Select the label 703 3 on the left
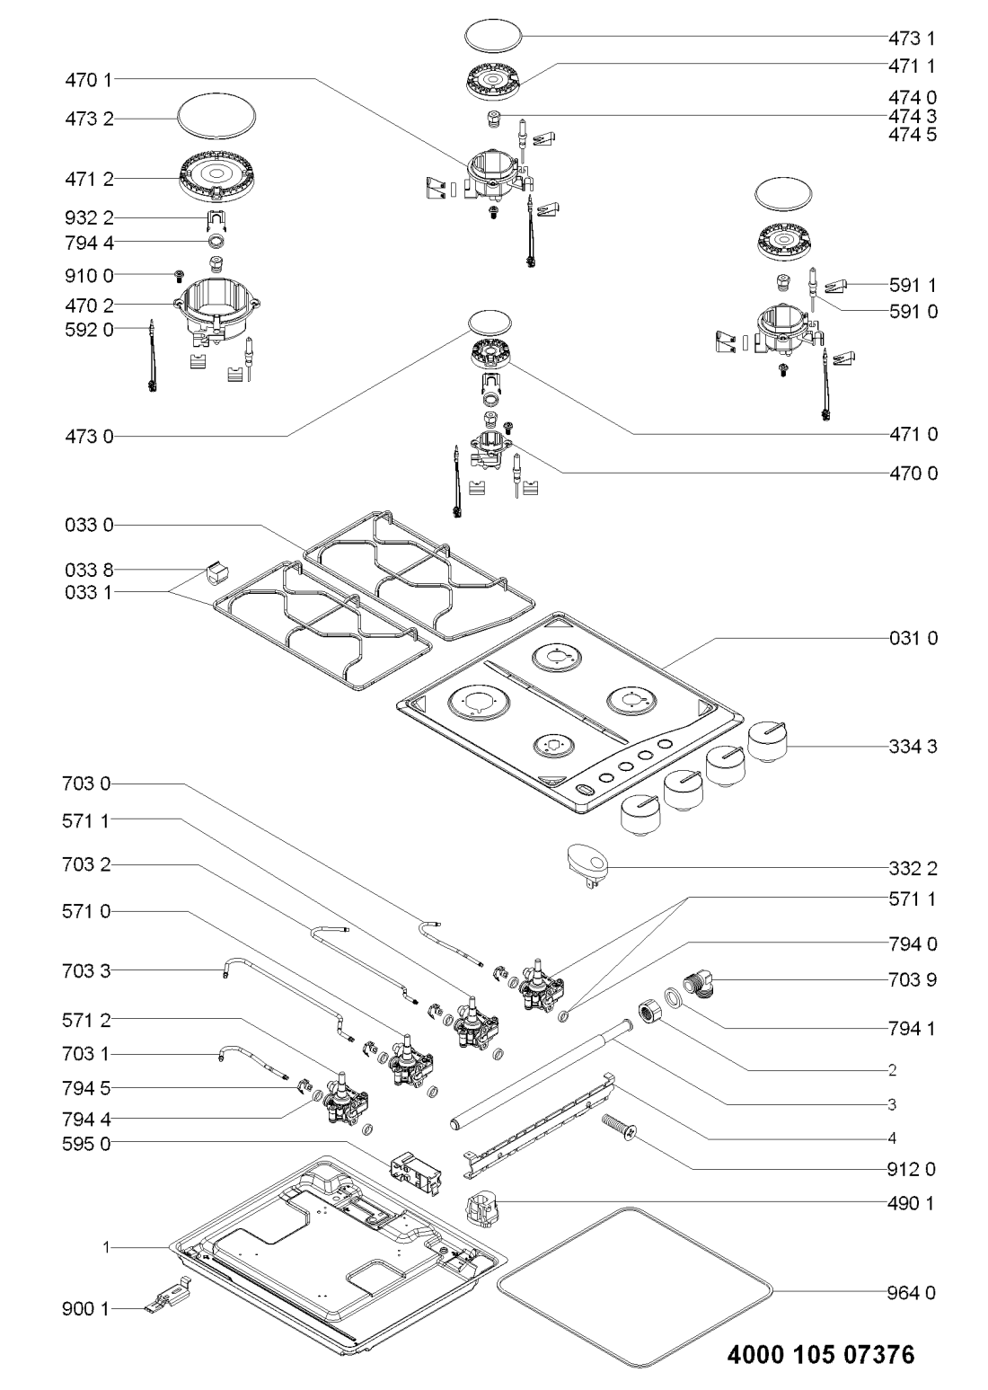point(88,971)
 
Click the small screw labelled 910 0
point(179,274)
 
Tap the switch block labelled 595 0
point(412,1173)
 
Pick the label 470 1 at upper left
point(88,80)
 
